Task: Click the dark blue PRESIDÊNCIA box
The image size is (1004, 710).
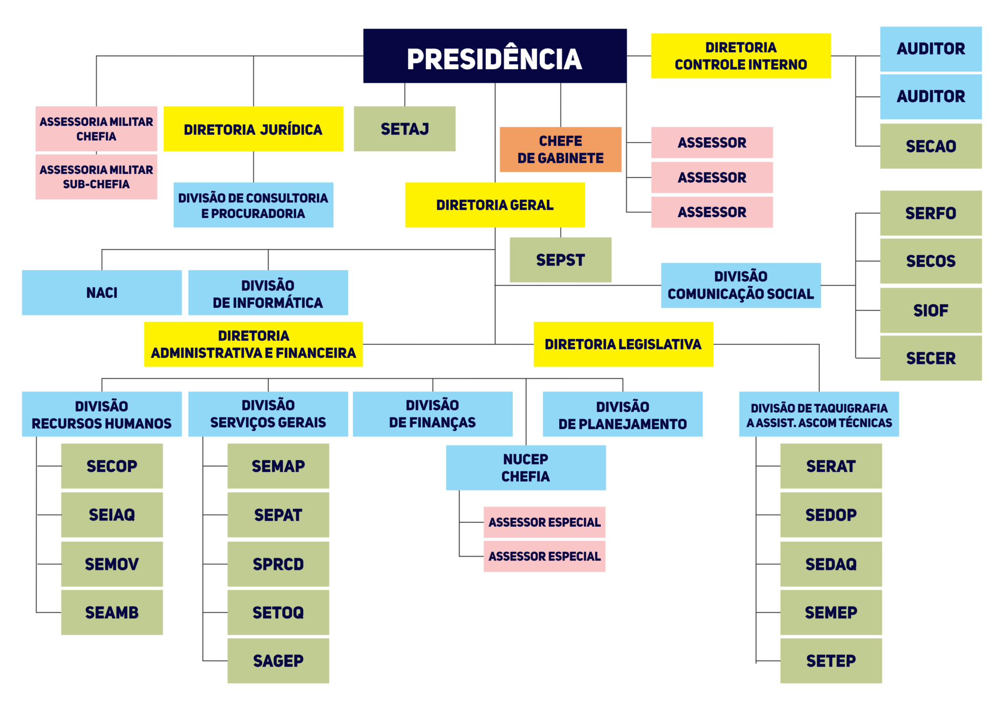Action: [495, 56]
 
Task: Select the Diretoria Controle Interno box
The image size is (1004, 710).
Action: [740, 56]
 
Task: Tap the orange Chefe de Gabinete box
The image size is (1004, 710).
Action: [560, 149]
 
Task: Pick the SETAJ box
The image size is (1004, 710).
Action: [404, 129]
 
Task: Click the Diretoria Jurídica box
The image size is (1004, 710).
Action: [253, 129]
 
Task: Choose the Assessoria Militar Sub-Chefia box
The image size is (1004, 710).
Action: [96, 177]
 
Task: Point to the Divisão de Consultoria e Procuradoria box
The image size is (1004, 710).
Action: [253, 205]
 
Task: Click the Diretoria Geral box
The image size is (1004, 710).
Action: [495, 205]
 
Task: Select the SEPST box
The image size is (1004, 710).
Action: [560, 260]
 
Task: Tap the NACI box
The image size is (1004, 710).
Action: [101, 293]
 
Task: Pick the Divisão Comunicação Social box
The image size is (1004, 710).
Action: [740, 285]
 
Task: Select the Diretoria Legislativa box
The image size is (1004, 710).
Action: [623, 344]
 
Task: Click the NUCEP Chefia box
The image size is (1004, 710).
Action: [526, 467]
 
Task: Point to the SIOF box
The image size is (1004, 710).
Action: [930, 310]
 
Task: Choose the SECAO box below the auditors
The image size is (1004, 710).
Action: [930, 146]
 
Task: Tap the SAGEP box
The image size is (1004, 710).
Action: [278, 661]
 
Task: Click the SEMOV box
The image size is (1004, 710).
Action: [112, 564]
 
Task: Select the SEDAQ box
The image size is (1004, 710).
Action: [831, 564]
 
